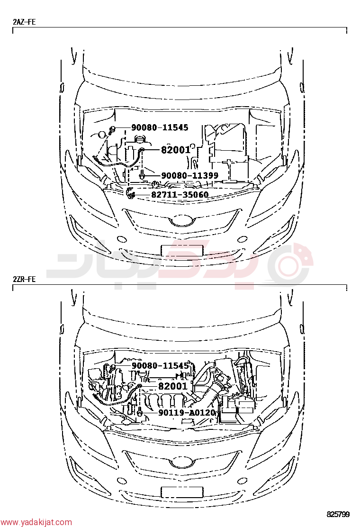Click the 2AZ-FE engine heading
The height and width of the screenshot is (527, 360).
[x=24, y=22]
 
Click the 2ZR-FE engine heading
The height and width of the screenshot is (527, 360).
[x=24, y=279]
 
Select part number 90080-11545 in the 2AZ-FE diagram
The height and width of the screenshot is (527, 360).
[x=160, y=127]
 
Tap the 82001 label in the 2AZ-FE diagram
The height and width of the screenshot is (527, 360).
[x=176, y=150]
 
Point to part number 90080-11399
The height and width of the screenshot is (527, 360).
[x=190, y=175]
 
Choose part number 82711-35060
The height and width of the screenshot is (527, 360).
[x=180, y=195]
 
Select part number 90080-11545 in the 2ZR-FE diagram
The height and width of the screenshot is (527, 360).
[x=160, y=366]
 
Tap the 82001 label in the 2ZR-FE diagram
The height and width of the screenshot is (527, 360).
[x=173, y=386]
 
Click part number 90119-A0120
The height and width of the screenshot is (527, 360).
[x=187, y=412]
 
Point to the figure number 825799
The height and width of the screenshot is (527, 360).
[x=338, y=514]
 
